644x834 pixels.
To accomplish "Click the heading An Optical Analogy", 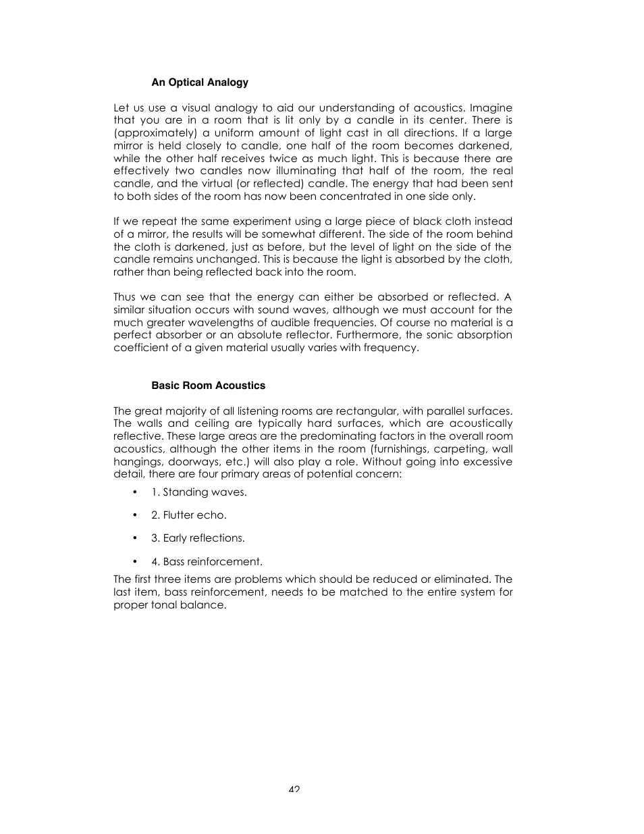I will click(200, 82).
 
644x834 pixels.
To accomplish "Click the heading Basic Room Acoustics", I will click(208, 386).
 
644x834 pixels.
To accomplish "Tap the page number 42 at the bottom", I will click(294, 789).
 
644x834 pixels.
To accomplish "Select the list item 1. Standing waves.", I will click(198, 492).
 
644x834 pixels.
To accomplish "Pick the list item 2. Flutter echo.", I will click(189, 515).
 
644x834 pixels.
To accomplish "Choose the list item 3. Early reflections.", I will click(198, 538).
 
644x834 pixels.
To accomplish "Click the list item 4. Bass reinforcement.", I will click(207, 562).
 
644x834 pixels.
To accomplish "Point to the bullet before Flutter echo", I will click(135, 515).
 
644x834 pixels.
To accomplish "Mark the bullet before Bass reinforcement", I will click(135, 562).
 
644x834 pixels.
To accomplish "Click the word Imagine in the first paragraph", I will click(491, 108).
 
